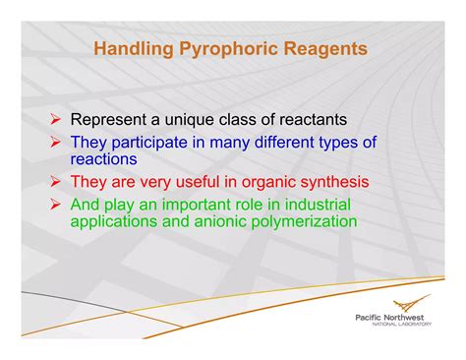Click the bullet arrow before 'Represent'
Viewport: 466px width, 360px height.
(58, 120)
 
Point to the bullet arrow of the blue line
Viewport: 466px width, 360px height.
(58, 143)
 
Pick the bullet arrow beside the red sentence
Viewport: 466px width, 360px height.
(58, 182)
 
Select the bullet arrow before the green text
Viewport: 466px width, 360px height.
(58, 205)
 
